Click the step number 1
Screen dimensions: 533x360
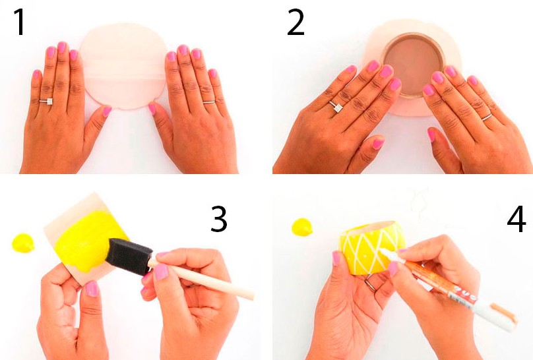click(20, 22)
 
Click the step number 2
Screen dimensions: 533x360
click(296, 22)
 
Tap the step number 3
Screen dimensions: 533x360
click(218, 219)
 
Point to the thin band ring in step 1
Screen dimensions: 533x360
click(209, 102)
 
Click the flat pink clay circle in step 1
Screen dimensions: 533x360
click(124, 66)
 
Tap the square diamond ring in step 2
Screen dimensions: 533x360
click(336, 107)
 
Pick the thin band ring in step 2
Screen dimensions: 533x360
click(487, 117)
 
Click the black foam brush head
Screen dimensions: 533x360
click(129, 256)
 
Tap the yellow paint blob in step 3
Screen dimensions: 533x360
click(23, 243)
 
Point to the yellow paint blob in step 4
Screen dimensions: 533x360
click(302, 227)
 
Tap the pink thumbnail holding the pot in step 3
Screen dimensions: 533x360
click(92, 289)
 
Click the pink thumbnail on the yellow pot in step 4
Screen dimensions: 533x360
click(336, 258)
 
